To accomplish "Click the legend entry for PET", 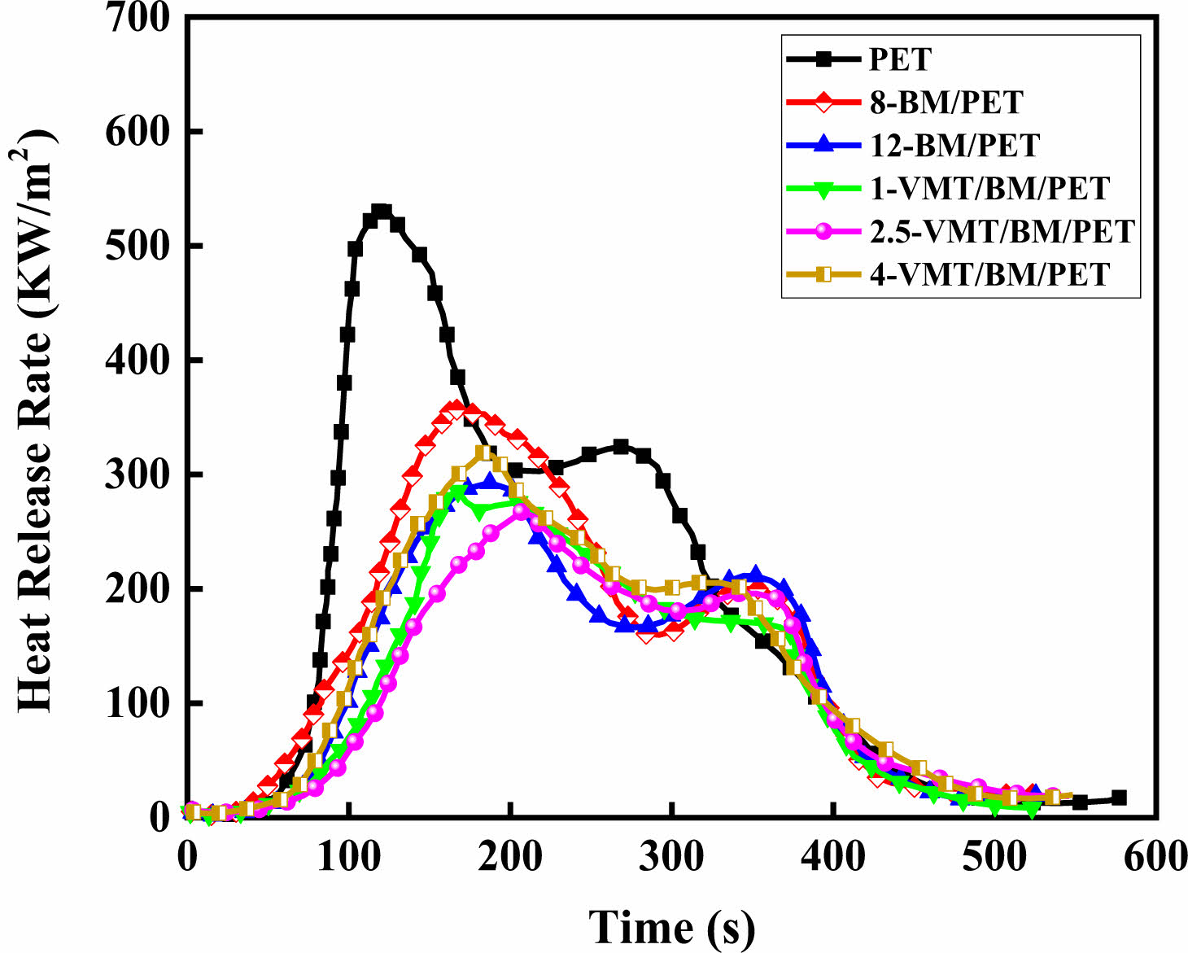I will click(900, 59).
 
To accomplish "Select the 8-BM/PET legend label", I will click(946, 103).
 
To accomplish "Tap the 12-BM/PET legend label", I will click(954, 146).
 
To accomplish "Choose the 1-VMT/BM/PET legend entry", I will click(989, 189).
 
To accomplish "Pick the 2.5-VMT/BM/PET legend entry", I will click(1002, 232).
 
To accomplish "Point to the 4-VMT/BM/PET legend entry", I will click(989, 274).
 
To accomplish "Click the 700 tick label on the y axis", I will click(138, 17).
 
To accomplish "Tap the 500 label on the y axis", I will click(138, 246).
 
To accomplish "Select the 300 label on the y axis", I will click(138, 474).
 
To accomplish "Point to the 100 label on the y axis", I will click(138, 703).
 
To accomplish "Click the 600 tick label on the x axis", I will click(1155, 857).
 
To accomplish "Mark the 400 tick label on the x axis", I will click(833, 857).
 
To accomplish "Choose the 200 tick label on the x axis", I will click(510, 857).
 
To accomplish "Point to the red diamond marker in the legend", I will click(823, 103).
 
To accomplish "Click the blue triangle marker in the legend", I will click(823, 146).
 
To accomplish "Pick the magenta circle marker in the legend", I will click(823, 232).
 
